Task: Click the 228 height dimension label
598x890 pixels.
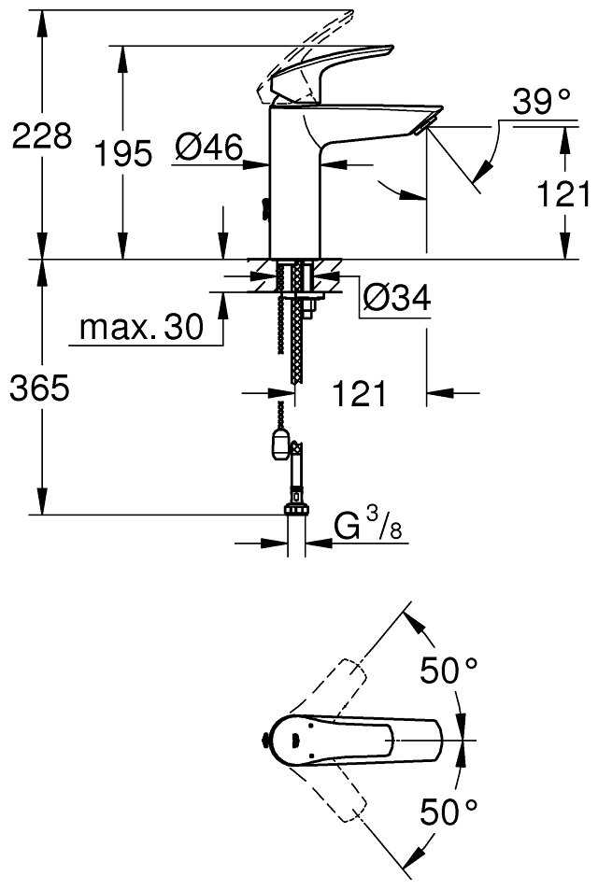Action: coord(40,136)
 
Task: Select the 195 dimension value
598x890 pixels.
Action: coord(124,153)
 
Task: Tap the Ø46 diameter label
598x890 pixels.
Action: coord(209,148)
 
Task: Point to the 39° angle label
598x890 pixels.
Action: coord(541,103)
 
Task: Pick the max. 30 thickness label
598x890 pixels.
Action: coord(141,327)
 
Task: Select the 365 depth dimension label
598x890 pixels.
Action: coord(39,388)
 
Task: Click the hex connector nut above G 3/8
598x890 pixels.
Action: coord(297,510)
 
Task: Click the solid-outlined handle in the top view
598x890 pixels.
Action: coord(355,742)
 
